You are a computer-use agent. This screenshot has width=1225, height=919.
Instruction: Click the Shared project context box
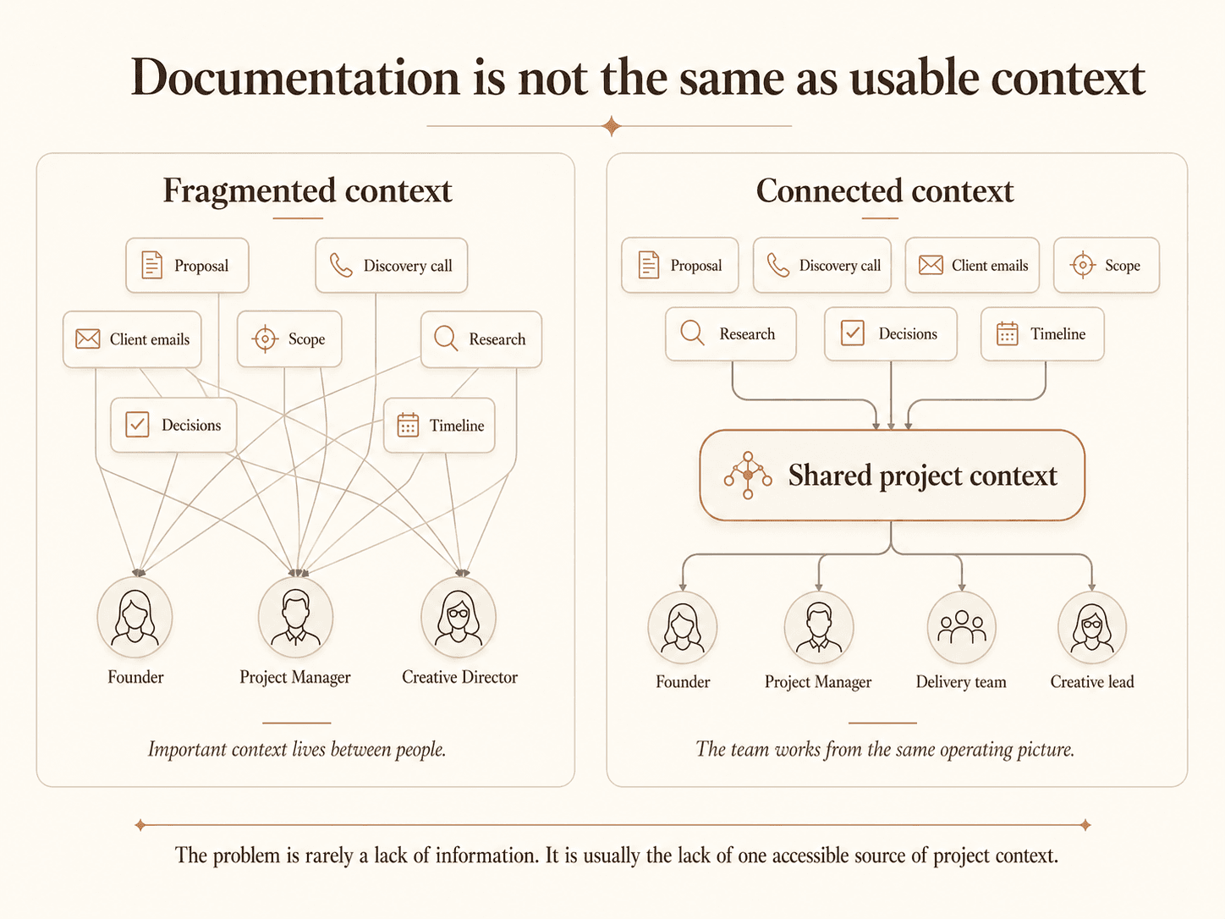coord(892,475)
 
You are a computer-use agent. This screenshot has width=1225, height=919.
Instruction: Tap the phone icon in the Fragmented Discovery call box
coord(340,265)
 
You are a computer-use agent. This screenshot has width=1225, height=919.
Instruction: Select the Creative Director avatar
coord(459,617)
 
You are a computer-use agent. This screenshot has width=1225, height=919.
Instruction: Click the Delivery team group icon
coord(961,627)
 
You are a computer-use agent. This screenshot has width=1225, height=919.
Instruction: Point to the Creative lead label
coord(1091,681)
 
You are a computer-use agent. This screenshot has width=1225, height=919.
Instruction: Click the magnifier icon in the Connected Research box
coord(693,333)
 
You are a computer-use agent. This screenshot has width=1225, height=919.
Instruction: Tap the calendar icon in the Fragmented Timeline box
coord(408,425)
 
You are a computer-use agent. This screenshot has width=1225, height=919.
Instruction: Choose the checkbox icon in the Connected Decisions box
coord(852,333)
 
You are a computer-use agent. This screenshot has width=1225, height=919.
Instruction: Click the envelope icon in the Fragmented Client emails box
coord(88,338)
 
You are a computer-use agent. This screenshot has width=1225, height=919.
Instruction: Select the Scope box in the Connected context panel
coord(1106,265)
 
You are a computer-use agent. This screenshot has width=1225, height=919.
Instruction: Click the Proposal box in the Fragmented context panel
coord(187,265)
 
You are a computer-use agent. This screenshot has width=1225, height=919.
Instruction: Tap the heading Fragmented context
coord(307,191)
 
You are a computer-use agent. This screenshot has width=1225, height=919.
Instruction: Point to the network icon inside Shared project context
coord(748,475)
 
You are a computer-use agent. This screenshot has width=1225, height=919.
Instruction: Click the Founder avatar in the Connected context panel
coord(683,627)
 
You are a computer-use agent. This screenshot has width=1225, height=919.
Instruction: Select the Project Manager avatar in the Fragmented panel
coord(295,617)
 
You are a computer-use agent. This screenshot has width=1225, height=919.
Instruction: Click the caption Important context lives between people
coord(297,750)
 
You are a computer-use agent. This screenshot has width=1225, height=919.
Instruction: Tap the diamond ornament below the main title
coord(612,126)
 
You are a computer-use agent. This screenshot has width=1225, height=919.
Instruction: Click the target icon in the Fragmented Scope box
coord(265,338)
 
